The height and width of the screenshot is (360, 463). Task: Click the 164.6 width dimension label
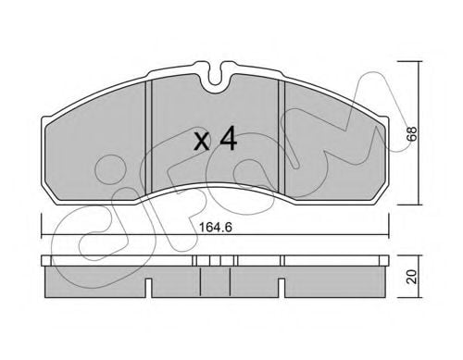coord(215,228)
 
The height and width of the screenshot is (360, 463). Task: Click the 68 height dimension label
coord(412,133)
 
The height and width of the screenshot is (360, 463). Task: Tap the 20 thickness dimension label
coord(412,277)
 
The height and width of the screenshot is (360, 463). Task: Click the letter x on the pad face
coord(202,143)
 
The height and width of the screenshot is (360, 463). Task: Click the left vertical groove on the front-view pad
coord(149,136)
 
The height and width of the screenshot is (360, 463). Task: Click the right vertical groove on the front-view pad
coord(282,136)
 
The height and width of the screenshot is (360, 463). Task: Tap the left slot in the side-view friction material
coord(148,288)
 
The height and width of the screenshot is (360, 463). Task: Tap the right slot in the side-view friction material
coord(282,288)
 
